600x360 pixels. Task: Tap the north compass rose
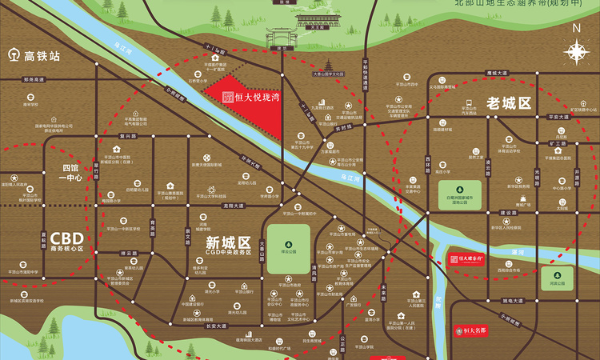tap(576, 50)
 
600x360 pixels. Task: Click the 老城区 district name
tap(510, 103)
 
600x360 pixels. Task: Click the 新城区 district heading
tap(228, 241)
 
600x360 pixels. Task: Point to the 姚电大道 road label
tap(513, 299)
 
